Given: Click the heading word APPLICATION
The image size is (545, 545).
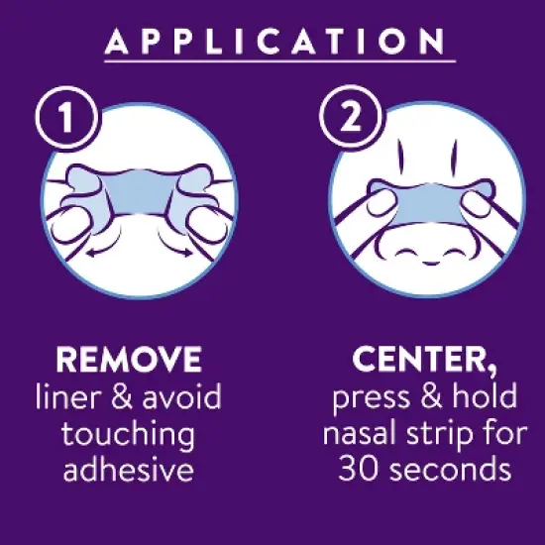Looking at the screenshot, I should click(x=272, y=41).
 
